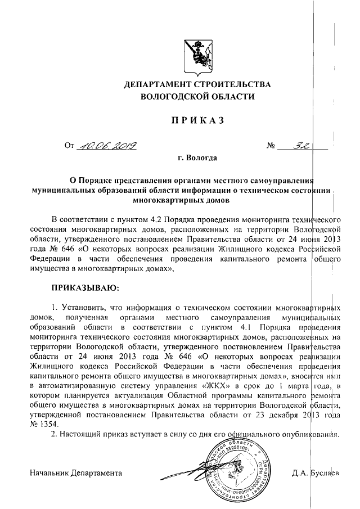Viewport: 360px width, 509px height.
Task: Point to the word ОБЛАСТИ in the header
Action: [x=231, y=97]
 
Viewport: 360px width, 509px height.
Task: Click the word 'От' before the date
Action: [x=70, y=147]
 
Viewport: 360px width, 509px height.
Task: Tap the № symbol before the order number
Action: [x=271, y=147]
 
